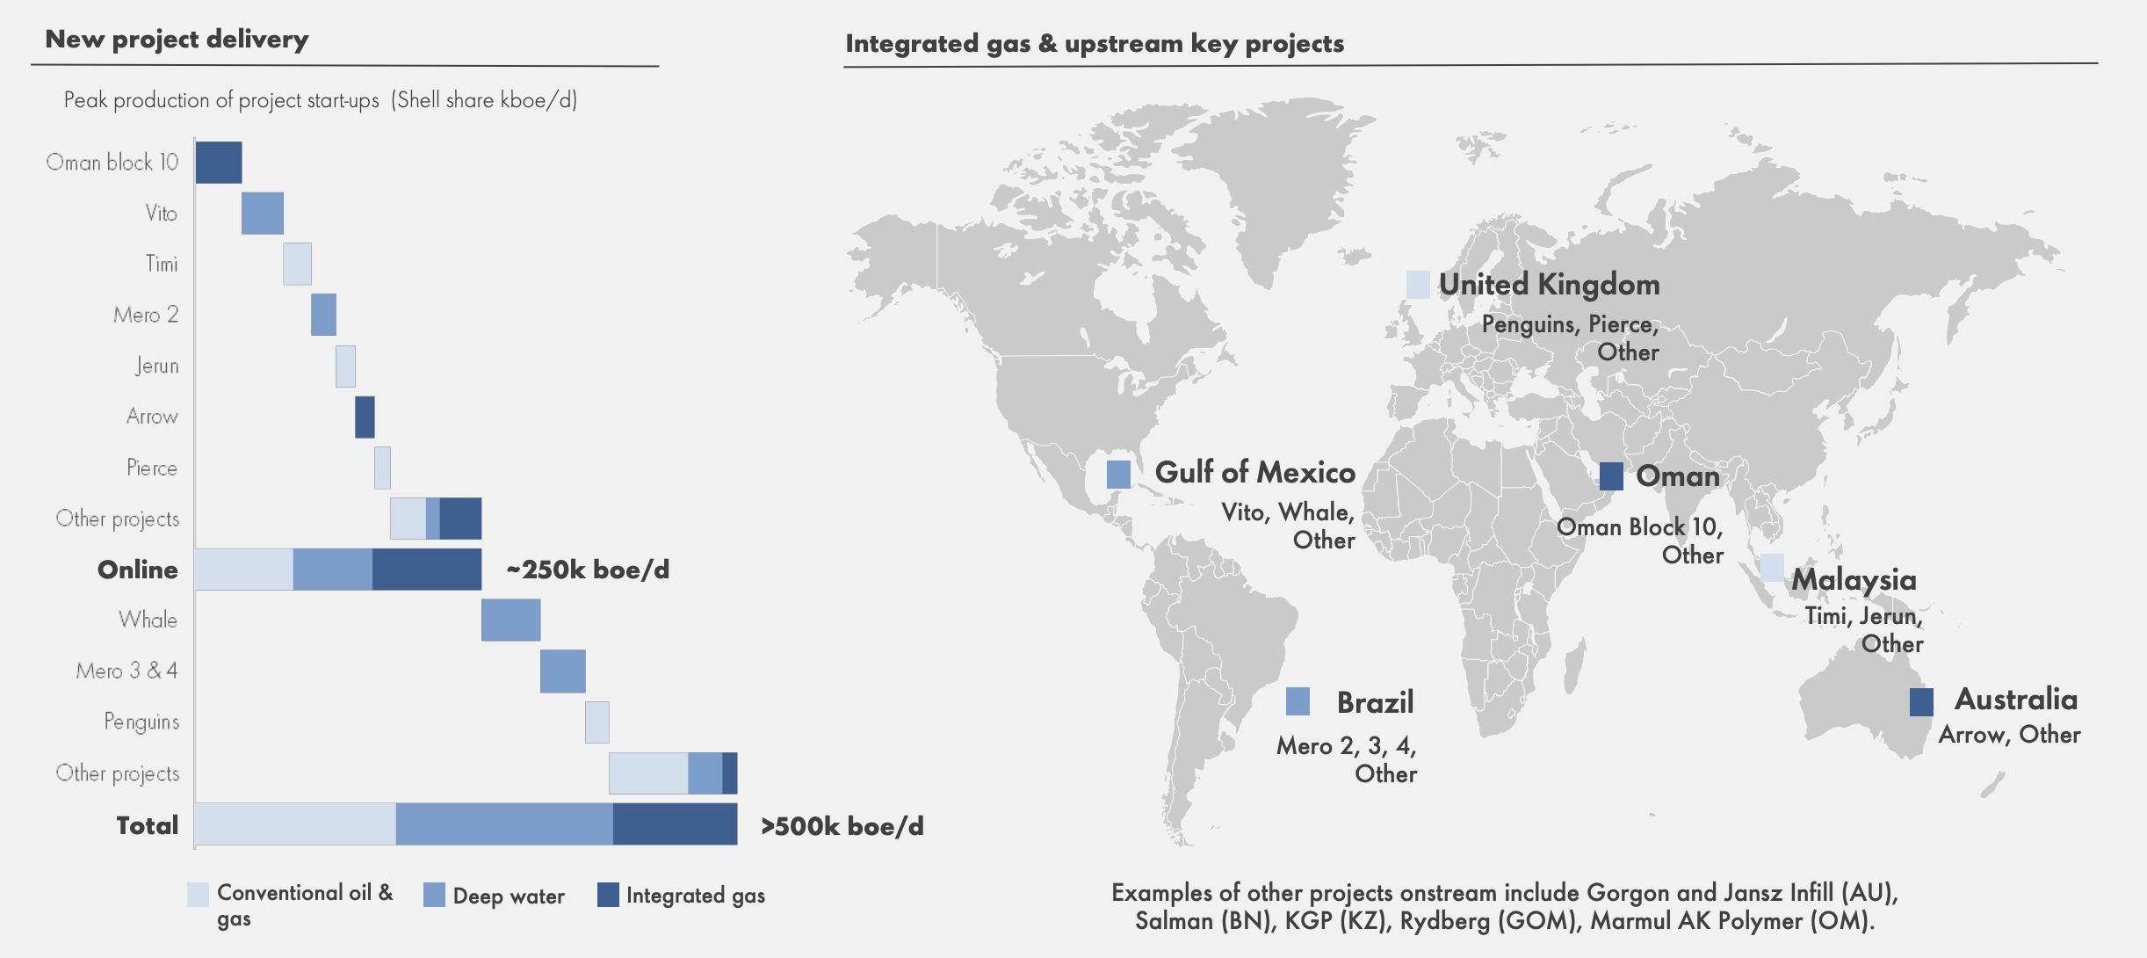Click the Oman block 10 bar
coord(218,163)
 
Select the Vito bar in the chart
coord(262,214)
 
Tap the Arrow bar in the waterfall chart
coord(365,417)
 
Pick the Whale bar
coord(510,621)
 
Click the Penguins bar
coord(596,722)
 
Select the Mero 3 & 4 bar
coord(562,671)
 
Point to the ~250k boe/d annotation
coord(588,570)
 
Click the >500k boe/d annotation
coord(842,826)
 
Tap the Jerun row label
coord(157,366)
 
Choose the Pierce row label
coord(152,468)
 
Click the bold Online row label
coord(138,570)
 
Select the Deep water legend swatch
coord(434,895)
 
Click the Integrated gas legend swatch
coord(608,895)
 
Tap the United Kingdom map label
coord(1549,285)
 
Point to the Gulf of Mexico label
coord(1254,473)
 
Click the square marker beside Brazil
coord(1298,701)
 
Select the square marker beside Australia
coord(1921,701)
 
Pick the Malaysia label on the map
coord(1854,579)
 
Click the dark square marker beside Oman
coord(1611,476)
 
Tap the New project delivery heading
coord(177,40)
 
